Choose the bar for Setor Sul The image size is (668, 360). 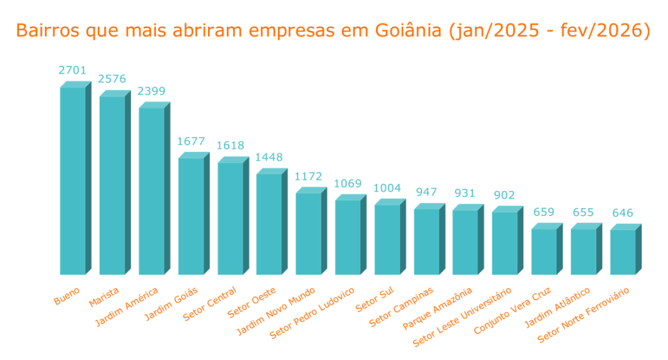[x=387, y=239]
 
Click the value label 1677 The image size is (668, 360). [x=190, y=142]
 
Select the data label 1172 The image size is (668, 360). [x=309, y=177]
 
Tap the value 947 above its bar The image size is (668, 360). [x=426, y=192]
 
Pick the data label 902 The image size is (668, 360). [x=504, y=195]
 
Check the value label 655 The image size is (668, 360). [x=583, y=212]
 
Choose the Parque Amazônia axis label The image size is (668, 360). [x=437, y=310]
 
